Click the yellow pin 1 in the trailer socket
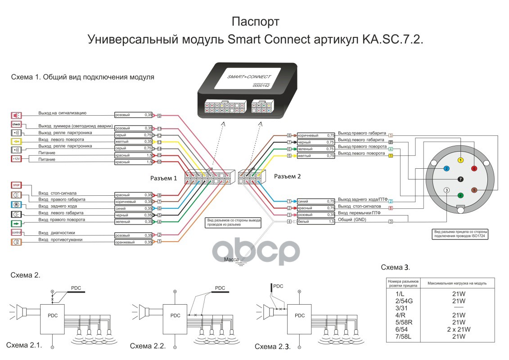460,160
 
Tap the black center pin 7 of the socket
460,179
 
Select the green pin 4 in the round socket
460,196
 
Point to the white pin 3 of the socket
446,190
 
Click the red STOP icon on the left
15,184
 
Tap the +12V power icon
15,158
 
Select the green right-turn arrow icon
15,223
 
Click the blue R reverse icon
15,205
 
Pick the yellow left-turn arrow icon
15,141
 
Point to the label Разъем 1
164,178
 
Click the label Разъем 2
287,176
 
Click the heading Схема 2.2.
148,346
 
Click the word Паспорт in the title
255,22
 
